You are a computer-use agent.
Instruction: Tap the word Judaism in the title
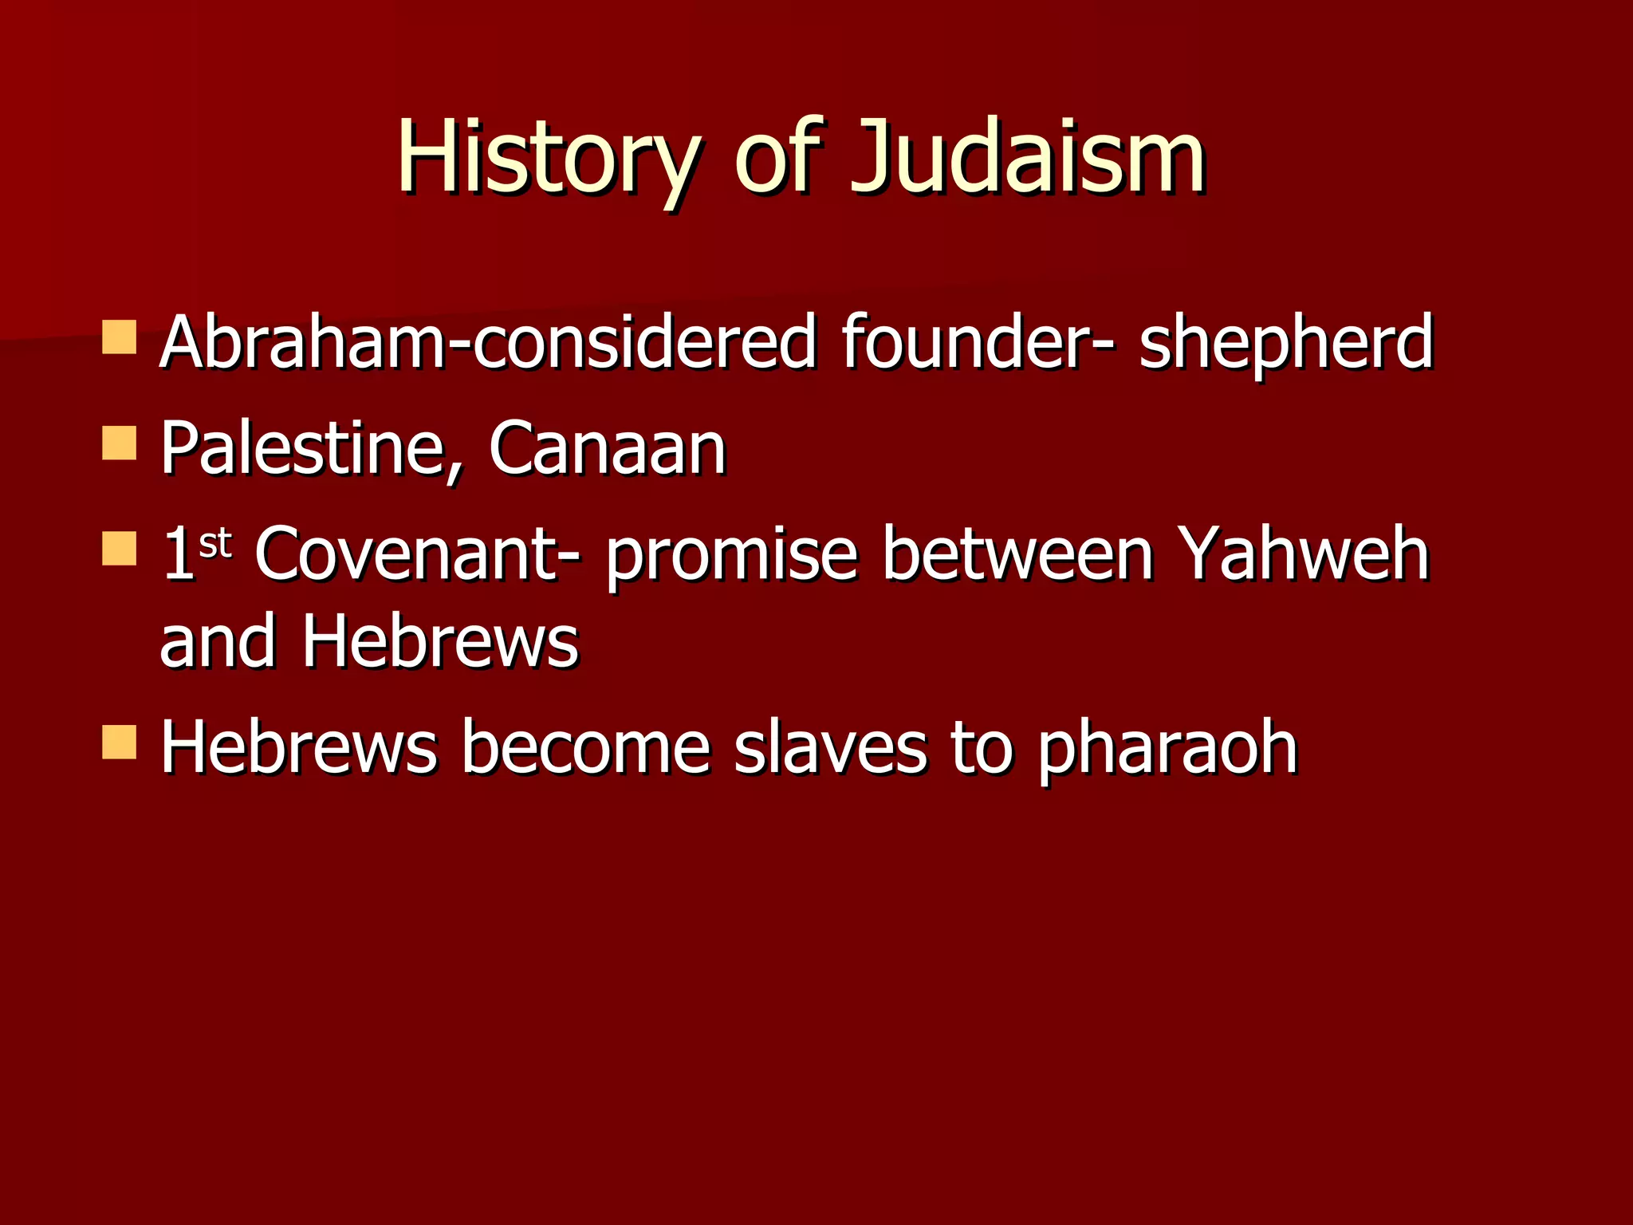pos(1027,157)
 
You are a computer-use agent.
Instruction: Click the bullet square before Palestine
pos(120,443)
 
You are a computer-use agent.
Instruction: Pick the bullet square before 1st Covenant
pos(120,549)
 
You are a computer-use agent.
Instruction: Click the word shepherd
pos(1285,343)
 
